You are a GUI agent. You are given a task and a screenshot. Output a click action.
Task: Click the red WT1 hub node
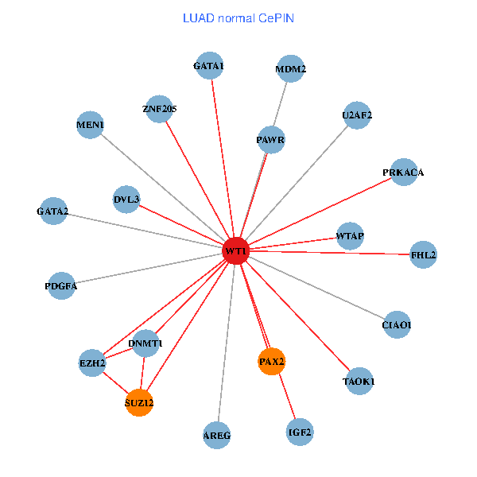(x=236, y=251)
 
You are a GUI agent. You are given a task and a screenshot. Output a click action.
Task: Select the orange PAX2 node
(x=272, y=362)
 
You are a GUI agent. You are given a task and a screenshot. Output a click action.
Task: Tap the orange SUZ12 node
(x=139, y=402)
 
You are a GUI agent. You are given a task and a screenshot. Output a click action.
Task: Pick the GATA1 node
(x=209, y=66)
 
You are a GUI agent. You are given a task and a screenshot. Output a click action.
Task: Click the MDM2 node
(x=291, y=69)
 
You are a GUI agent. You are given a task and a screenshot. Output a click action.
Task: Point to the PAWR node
(x=271, y=140)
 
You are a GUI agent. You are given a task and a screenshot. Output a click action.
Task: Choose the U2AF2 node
(x=357, y=115)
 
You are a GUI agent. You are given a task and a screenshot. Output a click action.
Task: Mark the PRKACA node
(x=404, y=172)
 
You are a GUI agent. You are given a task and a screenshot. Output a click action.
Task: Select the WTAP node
(x=350, y=235)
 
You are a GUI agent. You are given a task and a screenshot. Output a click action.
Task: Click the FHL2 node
(x=423, y=254)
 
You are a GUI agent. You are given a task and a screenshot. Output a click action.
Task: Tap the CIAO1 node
(x=397, y=324)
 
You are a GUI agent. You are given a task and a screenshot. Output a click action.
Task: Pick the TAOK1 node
(x=359, y=382)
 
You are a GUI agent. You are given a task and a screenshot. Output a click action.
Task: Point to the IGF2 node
(x=300, y=432)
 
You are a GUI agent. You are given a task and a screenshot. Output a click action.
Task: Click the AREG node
(x=216, y=435)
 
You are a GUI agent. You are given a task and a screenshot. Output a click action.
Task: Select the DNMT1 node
(x=145, y=343)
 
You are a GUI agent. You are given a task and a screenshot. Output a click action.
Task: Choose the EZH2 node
(x=92, y=363)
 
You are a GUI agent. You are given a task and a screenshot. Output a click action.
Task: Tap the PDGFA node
(x=61, y=285)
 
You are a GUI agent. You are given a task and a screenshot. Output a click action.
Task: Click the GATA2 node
(x=52, y=211)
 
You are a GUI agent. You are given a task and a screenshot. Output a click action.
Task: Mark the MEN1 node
(x=90, y=125)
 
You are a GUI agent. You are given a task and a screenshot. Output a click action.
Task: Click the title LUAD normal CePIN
(x=238, y=17)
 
